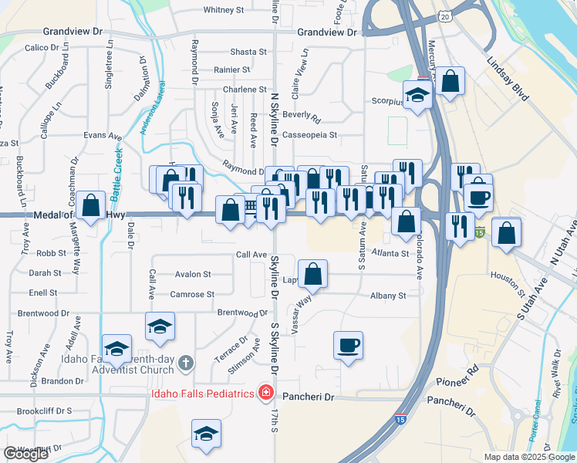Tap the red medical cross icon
click(x=266, y=394)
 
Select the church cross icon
click(x=185, y=363)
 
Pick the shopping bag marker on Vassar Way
click(x=313, y=273)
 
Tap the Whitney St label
click(x=224, y=11)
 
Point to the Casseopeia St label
click(x=310, y=134)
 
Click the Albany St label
click(x=387, y=296)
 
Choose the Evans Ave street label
click(x=103, y=136)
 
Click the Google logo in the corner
click(x=25, y=454)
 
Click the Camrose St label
click(x=192, y=294)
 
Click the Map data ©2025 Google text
click(x=528, y=457)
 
